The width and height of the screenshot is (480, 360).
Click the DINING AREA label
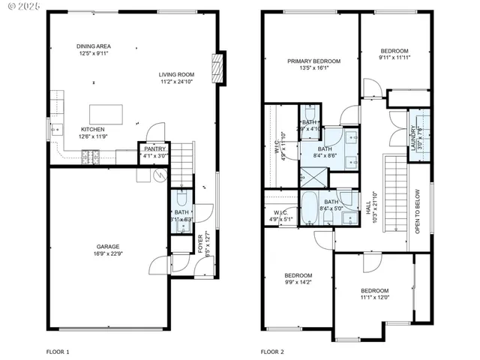pyautogui.click(x=94, y=46)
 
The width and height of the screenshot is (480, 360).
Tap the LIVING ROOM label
pyautogui.click(x=176, y=73)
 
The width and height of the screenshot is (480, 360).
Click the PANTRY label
pyautogui.click(x=154, y=148)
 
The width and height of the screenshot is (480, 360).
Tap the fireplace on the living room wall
pyautogui.click(x=218, y=69)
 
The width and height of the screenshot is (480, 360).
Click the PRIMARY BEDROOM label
pyautogui.click(x=314, y=61)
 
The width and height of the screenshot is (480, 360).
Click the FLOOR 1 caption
pyautogui.click(x=58, y=351)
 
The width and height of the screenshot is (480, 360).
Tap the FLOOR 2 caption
pyautogui.click(x=272, y=351)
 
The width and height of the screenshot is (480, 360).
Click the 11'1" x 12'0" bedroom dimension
pyautogui.click(x=374, y=297)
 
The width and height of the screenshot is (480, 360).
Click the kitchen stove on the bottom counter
pyautogui.click(x=89, y=155)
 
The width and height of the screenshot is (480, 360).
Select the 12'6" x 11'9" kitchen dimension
pyautogui.click(x=94, y=136)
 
